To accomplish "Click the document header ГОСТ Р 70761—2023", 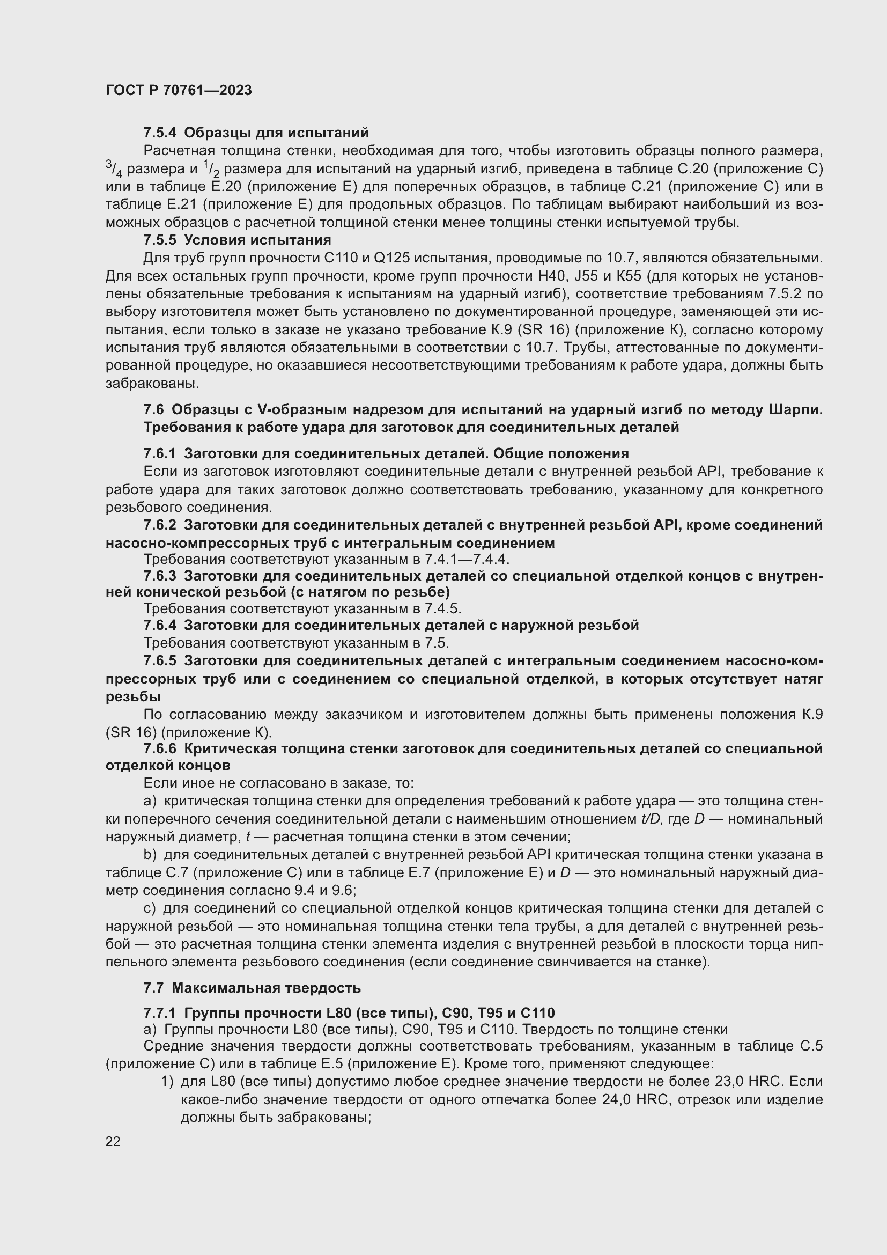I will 179,90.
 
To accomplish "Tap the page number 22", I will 113,1141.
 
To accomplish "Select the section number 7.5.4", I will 159,133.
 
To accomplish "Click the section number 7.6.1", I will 159,454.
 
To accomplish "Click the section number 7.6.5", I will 159,662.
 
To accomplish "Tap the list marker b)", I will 150,854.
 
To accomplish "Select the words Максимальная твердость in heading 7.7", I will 266,988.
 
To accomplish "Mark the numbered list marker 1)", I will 167,1082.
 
